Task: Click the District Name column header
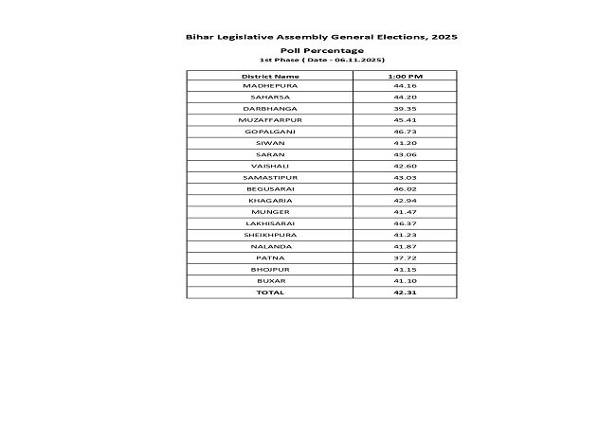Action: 270,75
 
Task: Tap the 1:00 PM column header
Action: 405,75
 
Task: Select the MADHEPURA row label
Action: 270,86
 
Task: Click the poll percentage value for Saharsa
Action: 405,98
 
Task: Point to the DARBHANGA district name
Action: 270,109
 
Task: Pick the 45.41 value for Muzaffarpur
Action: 405,120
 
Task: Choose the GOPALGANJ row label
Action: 270,132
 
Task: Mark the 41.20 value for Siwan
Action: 405,143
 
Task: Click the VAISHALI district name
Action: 270,166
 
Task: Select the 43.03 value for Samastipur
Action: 405,177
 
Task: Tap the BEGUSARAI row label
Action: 270,189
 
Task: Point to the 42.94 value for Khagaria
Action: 405,201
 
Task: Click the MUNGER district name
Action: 270,212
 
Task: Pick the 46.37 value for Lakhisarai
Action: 405,223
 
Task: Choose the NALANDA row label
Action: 270,246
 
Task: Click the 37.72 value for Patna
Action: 405,257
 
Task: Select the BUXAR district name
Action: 270,281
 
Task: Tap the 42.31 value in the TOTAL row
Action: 405,293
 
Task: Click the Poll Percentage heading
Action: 322,49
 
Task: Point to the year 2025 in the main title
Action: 444,36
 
